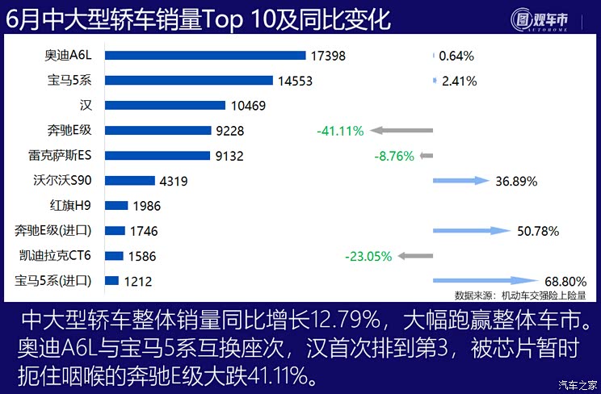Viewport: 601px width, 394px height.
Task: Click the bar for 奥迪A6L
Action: click(x=205, y=55)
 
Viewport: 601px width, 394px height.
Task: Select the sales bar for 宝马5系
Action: click(x=189, y=80)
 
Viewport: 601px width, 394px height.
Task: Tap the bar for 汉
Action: click(x=165, y=105)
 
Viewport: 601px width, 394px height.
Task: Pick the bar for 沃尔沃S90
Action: click(x=130, y=181)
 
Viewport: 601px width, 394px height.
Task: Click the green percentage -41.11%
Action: click(x=340, y=131)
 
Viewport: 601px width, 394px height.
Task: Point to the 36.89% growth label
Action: click(x=517, y=182)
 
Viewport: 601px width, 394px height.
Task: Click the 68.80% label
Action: click(x=565, y=281)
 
